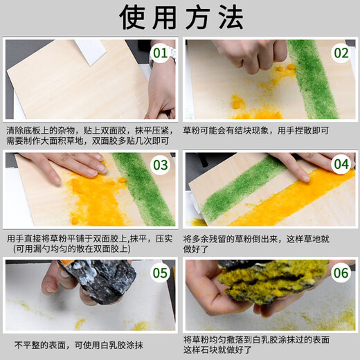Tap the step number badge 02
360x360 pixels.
(341, 53)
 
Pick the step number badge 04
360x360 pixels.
(341, 165)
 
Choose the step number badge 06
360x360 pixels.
(341, 273)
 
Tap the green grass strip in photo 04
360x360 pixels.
(242, 187)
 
